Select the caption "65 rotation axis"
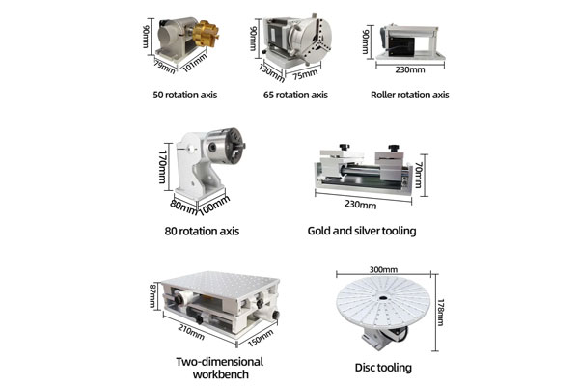295,96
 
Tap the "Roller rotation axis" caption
409,96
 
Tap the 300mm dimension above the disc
383,270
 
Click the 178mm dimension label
440,313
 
